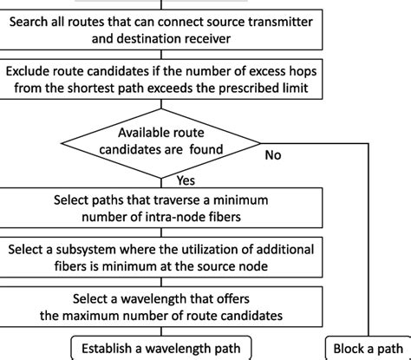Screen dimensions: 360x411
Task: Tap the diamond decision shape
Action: point(160,141)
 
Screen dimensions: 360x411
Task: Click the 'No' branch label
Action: point(273,157)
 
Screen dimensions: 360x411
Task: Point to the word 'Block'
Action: point(349,349)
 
